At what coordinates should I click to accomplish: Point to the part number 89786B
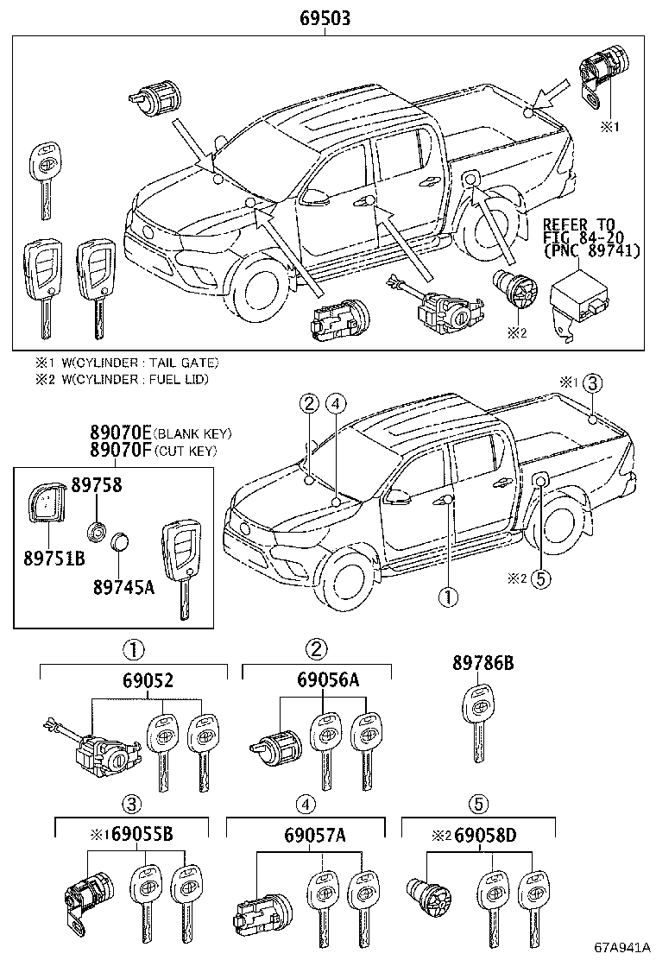pos(483,663)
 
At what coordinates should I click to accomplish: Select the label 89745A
pos(123,587)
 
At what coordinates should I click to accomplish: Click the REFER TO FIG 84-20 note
pos(590,237)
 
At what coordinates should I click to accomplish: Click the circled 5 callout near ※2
pos(540,578)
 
